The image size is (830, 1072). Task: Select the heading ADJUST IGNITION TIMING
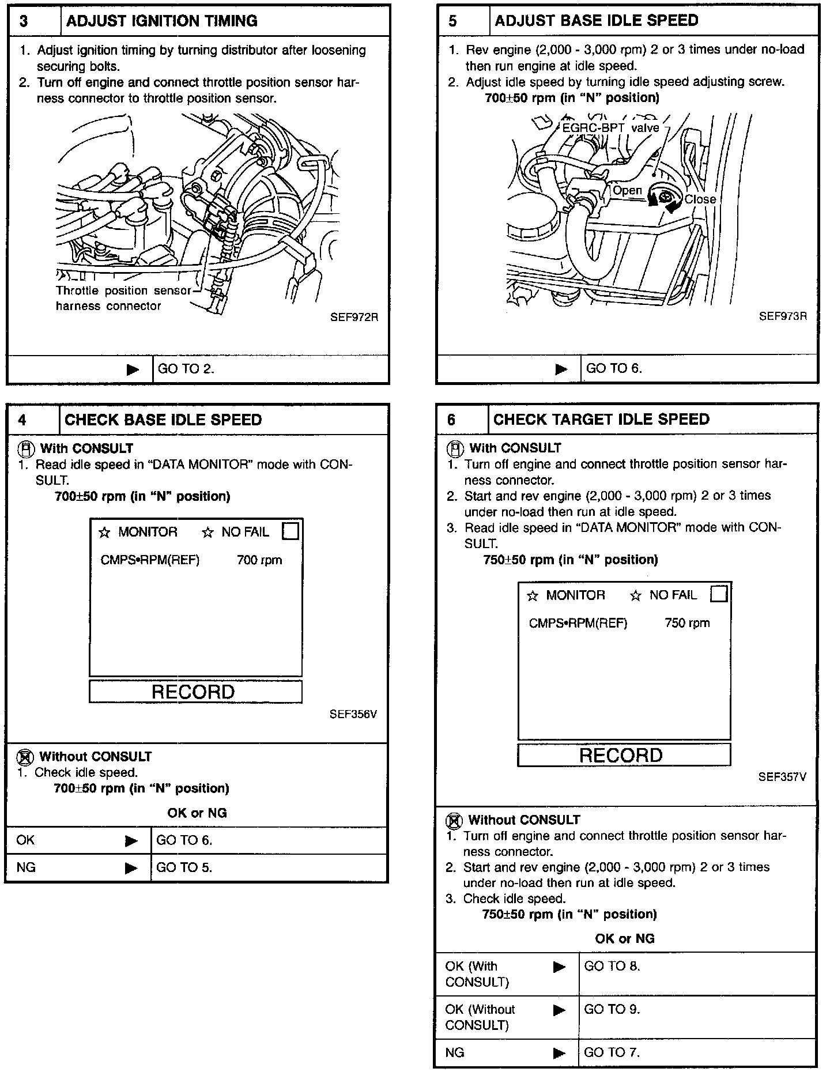click(161, 21)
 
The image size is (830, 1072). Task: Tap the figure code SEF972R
click(354, 317)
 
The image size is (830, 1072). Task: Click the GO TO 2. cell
click(186, 369)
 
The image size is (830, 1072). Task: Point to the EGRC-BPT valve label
click(610, 127)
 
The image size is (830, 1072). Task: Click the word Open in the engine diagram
click(627, 190)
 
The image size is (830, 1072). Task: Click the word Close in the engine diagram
click(700, 199)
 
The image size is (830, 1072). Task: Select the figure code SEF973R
click(783, 316)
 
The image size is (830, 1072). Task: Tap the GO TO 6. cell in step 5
click(614, 368)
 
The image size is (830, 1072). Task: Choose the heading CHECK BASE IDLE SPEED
click(163, 420)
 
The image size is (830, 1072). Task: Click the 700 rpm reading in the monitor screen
click(259, 560)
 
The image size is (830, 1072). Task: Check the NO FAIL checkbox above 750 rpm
click(719, 594)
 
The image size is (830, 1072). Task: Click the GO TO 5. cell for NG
click(184, 867)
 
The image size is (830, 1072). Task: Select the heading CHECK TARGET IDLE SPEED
click(601, 419)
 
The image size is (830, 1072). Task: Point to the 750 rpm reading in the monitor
click(687, 623)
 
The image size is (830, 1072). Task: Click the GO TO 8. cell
click(612, 966)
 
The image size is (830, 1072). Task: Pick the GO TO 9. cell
click(612, 1009)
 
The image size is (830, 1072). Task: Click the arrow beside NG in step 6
click(559, 1053)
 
